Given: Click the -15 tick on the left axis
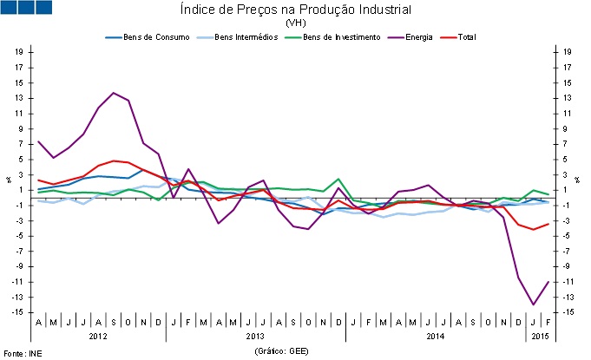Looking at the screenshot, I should pos(17,312).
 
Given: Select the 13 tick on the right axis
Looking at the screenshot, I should pos(567,97).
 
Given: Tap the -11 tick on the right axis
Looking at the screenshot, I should pos(567,282).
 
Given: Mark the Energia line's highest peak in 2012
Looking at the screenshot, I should pos(114,93).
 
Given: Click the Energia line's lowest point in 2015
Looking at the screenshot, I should pos(533,304).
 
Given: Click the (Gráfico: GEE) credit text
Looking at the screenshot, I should pos(282,350).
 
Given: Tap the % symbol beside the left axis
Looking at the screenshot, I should pos(7,179).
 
